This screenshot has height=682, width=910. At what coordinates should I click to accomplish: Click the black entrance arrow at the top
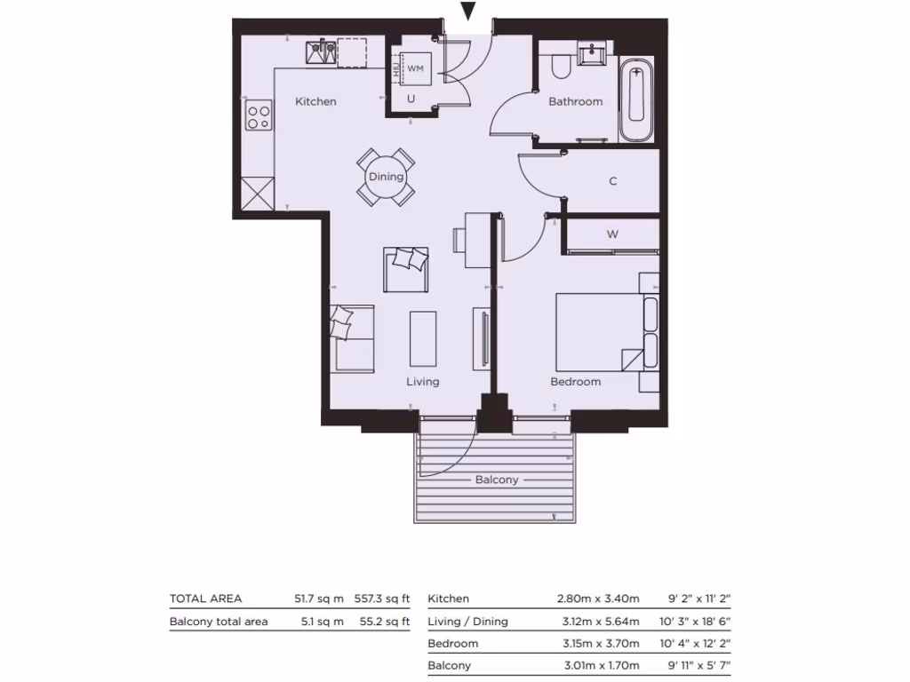[468, 12]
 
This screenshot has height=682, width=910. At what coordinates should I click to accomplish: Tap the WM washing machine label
[415, 67]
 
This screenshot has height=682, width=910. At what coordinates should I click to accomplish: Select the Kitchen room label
[315, 101]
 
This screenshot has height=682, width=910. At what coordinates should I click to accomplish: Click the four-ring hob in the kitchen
[259, 117]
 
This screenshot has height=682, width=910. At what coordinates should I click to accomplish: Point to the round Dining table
[386, 177]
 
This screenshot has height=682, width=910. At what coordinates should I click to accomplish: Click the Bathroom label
[575, 101]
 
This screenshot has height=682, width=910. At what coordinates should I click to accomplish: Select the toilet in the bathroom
[561, 67]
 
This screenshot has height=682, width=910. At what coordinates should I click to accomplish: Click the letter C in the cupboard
[612, 181]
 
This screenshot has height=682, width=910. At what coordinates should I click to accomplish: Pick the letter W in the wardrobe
[612, 234]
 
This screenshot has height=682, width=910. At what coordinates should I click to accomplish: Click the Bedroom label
[575, 382]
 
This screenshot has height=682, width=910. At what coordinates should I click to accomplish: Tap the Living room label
[423, 382]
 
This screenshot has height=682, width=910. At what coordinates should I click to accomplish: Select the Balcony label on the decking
[497, 480]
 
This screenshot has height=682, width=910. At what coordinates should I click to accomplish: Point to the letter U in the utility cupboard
[411, 99]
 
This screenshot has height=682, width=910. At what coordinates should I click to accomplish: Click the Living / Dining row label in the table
[467, 622]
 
